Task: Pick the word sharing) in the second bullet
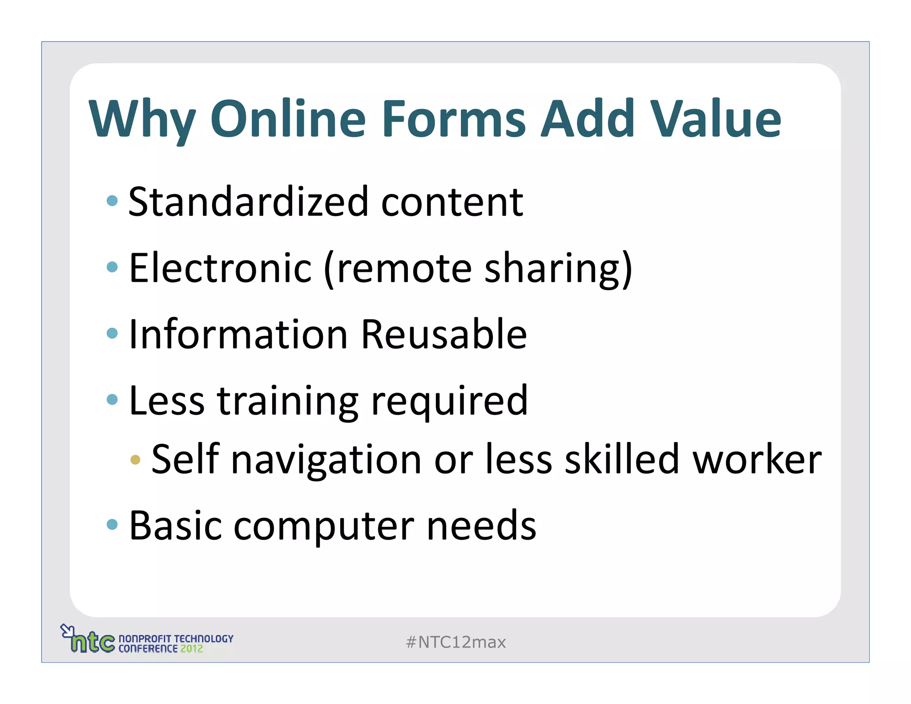[x=558, y=269]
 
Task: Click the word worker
[x=757, y=459]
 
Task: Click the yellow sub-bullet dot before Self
[x=135, y=460]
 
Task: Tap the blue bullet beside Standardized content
[x=112, y=201]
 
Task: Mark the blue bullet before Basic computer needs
[x=112, y=524]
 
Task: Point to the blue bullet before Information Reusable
[x=112, y=333]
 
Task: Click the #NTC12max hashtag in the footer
[x=456, y=642]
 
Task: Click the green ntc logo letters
[x=93, y=643]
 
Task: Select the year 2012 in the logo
[x=191, y=649]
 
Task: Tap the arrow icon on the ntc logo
[x=67, y=630]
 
